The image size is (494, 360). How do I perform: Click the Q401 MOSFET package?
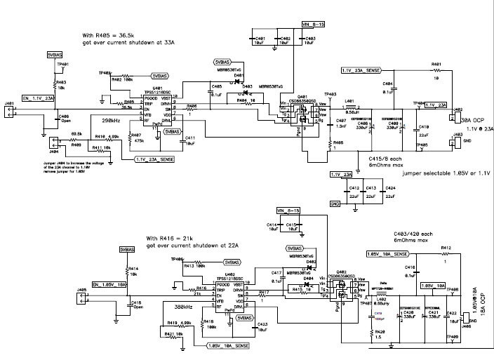(x=302, y=114)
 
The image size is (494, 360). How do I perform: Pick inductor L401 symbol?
(x=348, y=105)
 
